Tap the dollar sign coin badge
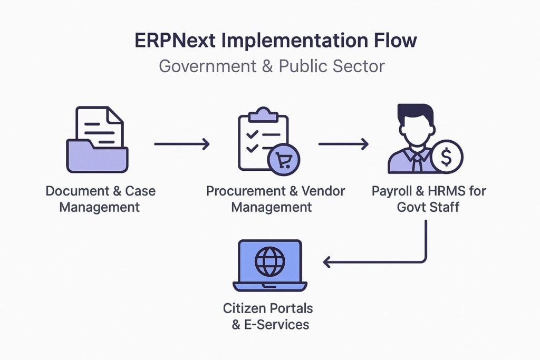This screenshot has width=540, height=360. pos(447,156)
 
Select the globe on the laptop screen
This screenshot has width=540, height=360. pos(269,260)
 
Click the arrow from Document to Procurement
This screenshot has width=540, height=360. pos(181,143)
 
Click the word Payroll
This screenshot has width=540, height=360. pos(391,191)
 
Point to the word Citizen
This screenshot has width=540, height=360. pos(245,308)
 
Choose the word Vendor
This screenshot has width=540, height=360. pos(322,191)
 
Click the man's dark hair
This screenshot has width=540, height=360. pos(416,113)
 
